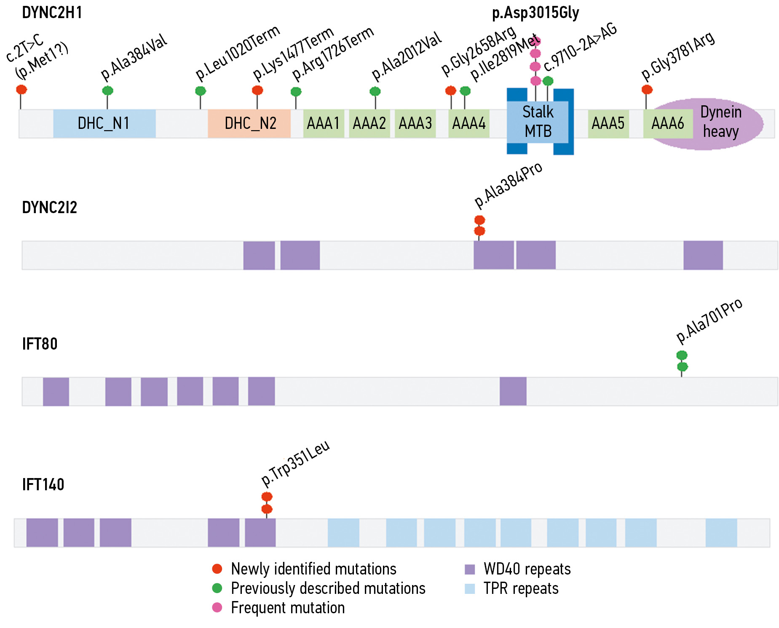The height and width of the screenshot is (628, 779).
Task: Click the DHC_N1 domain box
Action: [104, 123]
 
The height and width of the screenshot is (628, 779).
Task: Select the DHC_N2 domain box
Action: [249, 123]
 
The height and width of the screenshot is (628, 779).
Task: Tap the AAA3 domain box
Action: [415, 123]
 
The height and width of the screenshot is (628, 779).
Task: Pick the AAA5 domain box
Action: [608, 123]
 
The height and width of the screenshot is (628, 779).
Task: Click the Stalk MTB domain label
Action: [538, 122]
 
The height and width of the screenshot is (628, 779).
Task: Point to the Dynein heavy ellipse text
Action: [721, 122]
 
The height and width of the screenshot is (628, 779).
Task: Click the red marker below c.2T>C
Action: [21, 89]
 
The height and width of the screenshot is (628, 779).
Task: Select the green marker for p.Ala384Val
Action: [107, 91]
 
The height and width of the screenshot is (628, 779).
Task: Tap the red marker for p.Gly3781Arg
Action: [647, 89]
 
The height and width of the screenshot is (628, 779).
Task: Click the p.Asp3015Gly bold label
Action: [535, 13]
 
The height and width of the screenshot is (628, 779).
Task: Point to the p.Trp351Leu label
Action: [295, 463]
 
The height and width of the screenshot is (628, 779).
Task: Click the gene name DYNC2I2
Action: [49, 208]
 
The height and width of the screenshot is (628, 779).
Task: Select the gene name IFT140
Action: [43, 485]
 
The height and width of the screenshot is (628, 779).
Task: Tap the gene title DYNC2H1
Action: [52, 13]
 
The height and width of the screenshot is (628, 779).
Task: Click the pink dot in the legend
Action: [217, 607]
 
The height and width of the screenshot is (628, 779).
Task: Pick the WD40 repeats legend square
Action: [469, 569]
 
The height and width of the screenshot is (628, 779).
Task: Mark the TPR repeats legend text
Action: [521, 588]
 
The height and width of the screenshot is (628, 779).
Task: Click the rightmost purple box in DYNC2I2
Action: [703, 255]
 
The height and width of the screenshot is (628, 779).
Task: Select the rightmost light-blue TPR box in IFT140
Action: [721, 533]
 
